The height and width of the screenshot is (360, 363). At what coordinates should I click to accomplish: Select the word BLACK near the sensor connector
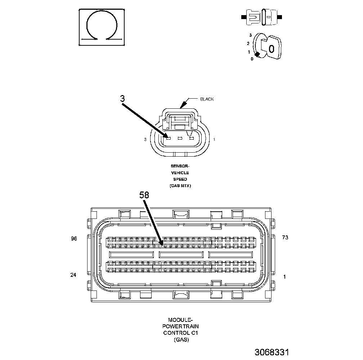(x=207, y=99)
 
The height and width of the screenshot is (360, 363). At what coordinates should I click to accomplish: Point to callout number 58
(x=144, y=195)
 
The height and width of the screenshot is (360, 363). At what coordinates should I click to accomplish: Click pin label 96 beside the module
(x=74, y=238)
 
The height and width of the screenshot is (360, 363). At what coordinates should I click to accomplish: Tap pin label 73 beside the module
(x=285, y=238)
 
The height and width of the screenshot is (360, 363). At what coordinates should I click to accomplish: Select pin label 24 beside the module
(x=73, y=275)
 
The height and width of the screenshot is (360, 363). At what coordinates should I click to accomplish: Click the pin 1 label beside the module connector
(x=285, y=276)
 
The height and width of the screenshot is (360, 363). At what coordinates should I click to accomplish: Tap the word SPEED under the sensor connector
(x=180, y=179)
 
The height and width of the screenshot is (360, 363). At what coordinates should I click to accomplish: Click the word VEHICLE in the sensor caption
(x=180, y=173)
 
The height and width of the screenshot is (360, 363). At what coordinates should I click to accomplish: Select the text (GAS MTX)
(x=180, y=186)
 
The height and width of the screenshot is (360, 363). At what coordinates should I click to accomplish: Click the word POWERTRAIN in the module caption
(x=181, y=326)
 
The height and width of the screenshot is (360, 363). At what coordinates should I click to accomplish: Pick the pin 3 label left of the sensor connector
(x=145, y=139)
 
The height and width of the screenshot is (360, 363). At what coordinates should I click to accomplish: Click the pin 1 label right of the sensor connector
(x=215, y=139)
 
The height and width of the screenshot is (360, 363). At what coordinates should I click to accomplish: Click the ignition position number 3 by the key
(x=250, y=35)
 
